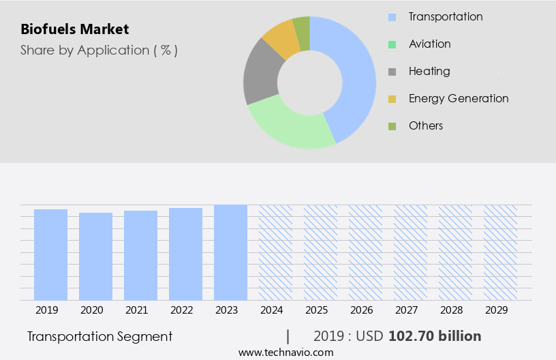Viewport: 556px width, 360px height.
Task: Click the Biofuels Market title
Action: point(75,29)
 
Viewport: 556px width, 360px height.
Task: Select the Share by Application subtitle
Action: point(99,50)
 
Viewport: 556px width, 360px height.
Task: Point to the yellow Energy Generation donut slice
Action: point(281,39)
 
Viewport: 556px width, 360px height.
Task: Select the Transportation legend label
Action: point(445,16)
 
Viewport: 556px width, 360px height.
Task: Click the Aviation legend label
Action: point(429,44)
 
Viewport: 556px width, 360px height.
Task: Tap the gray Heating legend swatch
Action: point(392,72)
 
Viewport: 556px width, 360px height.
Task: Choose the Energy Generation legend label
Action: point(458,98)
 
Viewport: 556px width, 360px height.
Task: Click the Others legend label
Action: point(425,125)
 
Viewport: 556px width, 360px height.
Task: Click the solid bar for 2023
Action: point(230,252)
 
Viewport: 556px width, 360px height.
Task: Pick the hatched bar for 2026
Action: point(365,252)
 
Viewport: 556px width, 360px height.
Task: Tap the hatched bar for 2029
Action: point(500,252)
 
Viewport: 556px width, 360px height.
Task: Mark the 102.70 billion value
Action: point(435,336)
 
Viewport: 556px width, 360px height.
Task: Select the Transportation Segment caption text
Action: point(99,336)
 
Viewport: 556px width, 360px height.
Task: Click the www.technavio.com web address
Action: point(286,352)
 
